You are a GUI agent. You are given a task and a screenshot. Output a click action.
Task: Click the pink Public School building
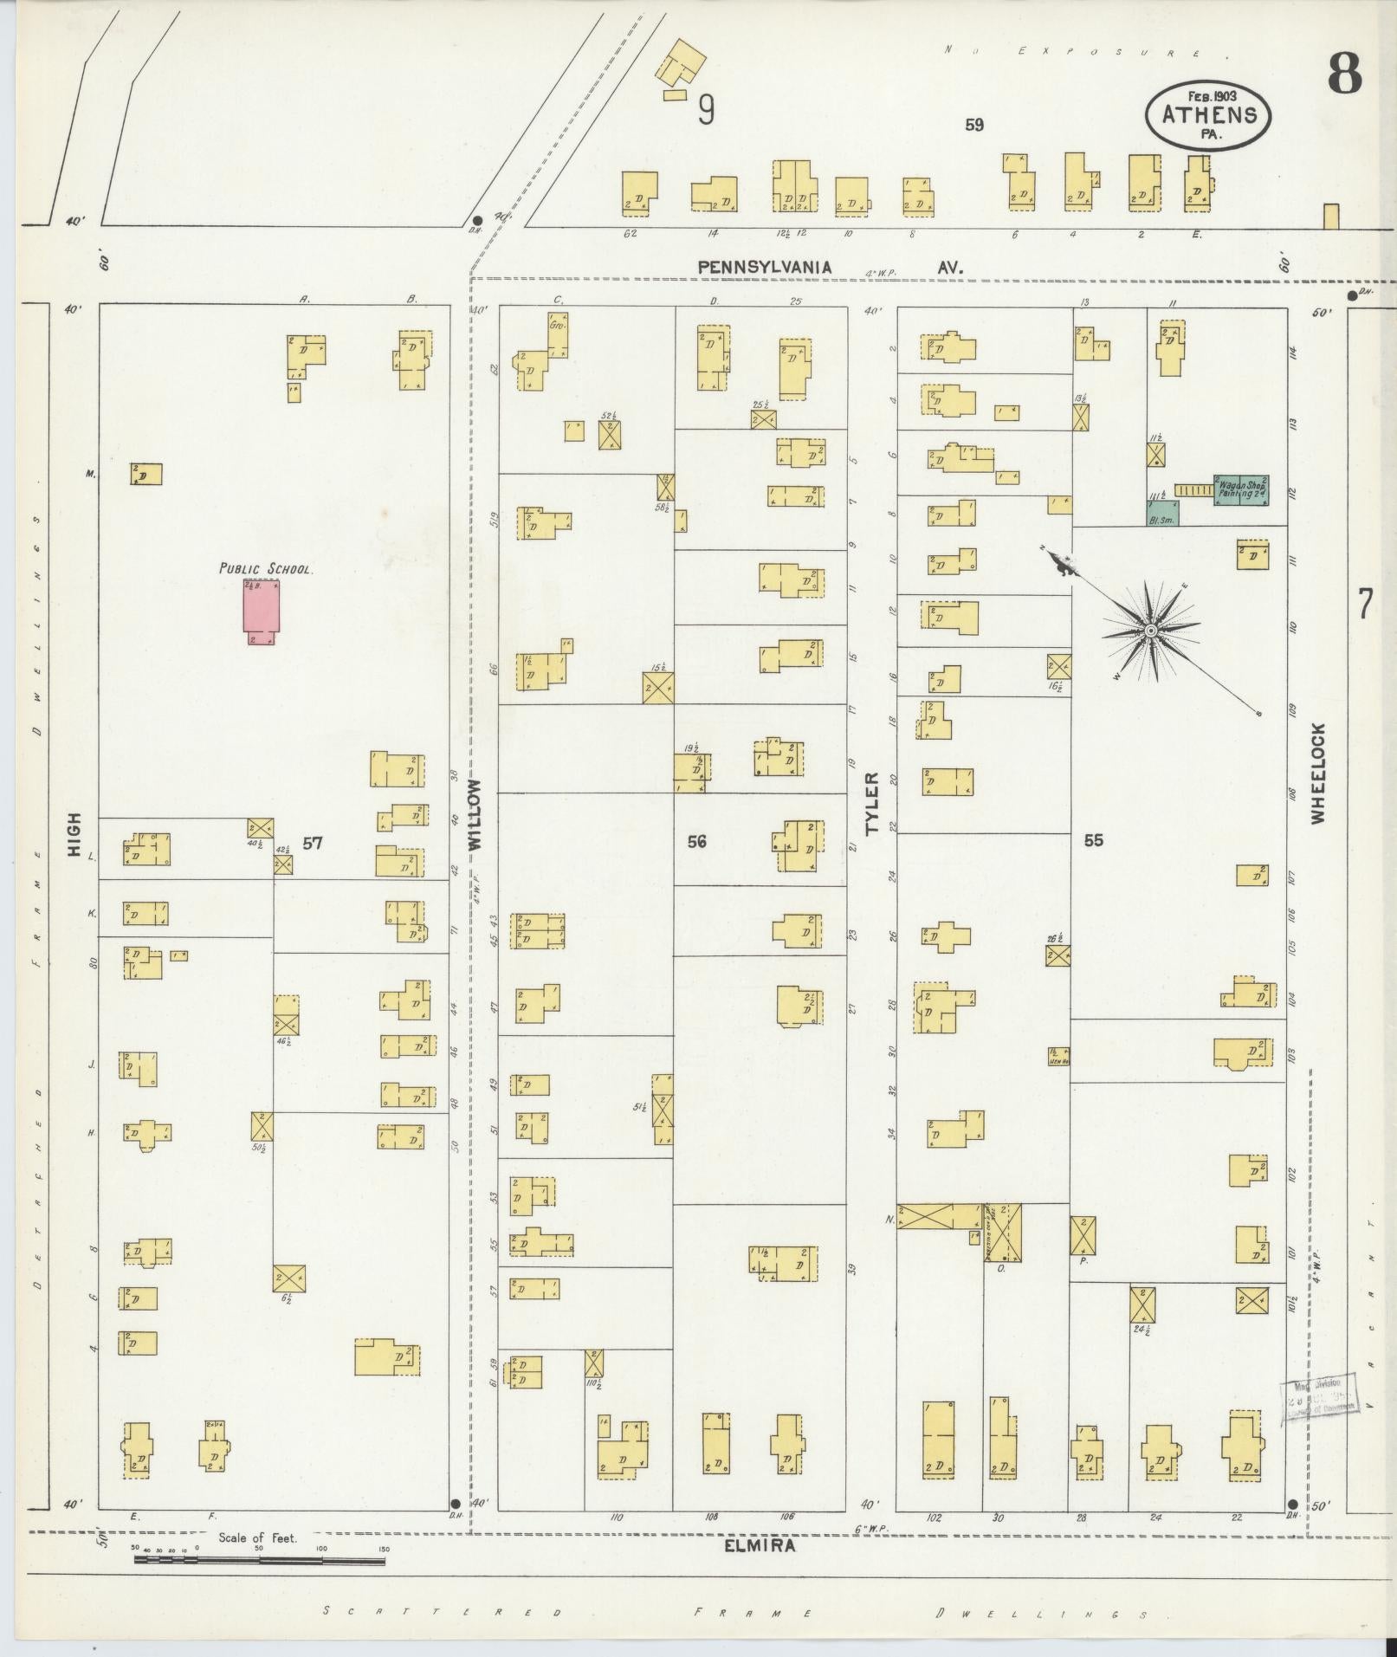262,611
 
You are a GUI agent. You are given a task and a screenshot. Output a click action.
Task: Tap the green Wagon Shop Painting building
1241,489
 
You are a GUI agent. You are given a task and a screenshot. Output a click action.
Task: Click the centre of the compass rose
1150,630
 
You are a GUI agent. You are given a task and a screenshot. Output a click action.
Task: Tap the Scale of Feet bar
259,1561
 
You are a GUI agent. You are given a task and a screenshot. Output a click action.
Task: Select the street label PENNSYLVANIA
765,267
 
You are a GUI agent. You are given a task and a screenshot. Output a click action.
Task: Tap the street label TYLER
871,803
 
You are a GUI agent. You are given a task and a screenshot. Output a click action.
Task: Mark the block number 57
313,843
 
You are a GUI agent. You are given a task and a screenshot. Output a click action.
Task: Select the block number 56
697,841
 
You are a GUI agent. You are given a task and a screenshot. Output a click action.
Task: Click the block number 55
1093,840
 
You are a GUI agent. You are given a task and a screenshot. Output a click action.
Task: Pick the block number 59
974,126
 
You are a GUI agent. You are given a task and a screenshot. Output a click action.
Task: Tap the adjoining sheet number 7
1365,604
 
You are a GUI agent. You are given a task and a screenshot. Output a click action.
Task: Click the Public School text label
265,569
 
